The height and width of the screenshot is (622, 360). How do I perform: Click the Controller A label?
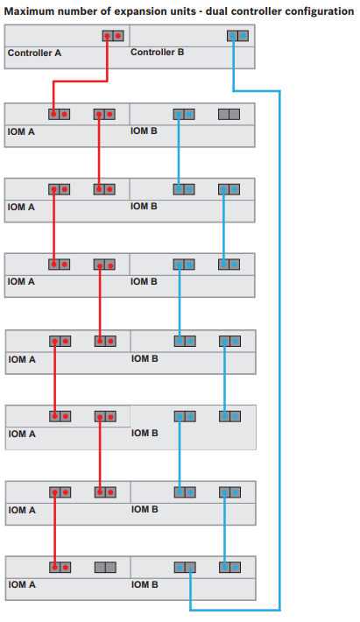coord(34,53)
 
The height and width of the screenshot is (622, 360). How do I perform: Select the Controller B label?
coord(158,52)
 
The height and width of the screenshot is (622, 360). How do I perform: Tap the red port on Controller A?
coord(113,36)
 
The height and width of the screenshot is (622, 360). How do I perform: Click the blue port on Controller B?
coord(238,36)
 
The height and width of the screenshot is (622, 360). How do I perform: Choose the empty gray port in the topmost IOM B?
coord(229,115)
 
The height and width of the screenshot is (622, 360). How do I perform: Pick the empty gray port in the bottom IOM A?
coord(105,568)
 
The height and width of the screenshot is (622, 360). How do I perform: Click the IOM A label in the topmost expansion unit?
coord(21,131)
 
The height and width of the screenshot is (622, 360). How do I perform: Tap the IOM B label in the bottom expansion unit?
coord(145,584)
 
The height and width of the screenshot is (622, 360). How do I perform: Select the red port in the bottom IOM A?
coord(60,568)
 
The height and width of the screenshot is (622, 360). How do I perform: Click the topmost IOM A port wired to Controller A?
coord(60,115)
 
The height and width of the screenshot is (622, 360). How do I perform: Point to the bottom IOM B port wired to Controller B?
coord(185,568)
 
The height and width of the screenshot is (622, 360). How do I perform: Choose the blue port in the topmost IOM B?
coord(184,115)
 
